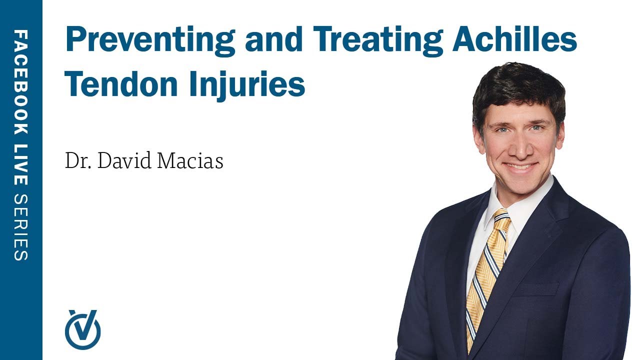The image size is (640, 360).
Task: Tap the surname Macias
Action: click(x=190, y=161)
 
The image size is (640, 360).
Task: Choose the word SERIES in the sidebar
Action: click(x=21, y=227)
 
